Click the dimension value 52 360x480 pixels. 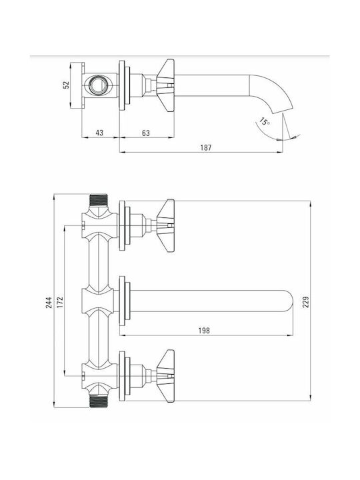(x=66, y=85)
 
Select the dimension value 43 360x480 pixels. (x=99, y=133)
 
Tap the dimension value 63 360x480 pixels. (x=146, y=133)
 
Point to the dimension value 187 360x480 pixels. (x=206, y=147)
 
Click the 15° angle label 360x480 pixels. (x=265, y=121)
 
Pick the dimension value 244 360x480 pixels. (x=49, y=302)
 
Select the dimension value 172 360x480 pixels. (x=60, y=302)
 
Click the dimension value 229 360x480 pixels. (x=306, y=302)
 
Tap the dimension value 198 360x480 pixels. (x=204, y=331)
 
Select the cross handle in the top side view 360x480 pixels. (x=165, y=85)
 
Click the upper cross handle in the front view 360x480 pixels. (x=165, y=225)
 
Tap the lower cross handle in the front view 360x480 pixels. (x=165, y=376)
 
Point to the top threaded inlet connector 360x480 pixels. (x=99, y=199)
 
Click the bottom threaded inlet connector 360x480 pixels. (x=99, y=401)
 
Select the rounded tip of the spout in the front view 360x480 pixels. (x=288, y=301)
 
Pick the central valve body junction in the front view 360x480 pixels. (x=99, y=301)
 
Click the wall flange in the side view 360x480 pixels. (x=122, y=85)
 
